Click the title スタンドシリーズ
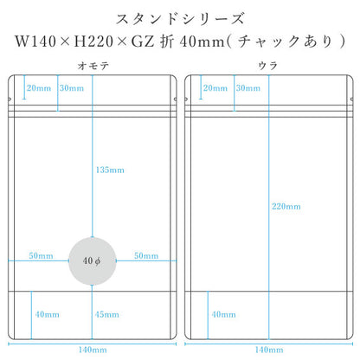180,19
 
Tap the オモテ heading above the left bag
93,66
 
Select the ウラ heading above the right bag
268,66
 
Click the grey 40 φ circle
93,261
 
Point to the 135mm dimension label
110,170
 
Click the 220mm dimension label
286,206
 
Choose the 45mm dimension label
107,314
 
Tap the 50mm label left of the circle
41,255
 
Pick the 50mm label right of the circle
146,255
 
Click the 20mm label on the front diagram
39,88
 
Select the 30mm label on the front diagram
72,88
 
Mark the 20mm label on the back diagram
215,88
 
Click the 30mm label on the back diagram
248,88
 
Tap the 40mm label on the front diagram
48,314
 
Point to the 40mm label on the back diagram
223,314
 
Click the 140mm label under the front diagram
93,350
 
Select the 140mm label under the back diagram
269,350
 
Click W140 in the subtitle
35,42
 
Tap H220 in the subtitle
93,42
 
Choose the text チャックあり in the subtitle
285,42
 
